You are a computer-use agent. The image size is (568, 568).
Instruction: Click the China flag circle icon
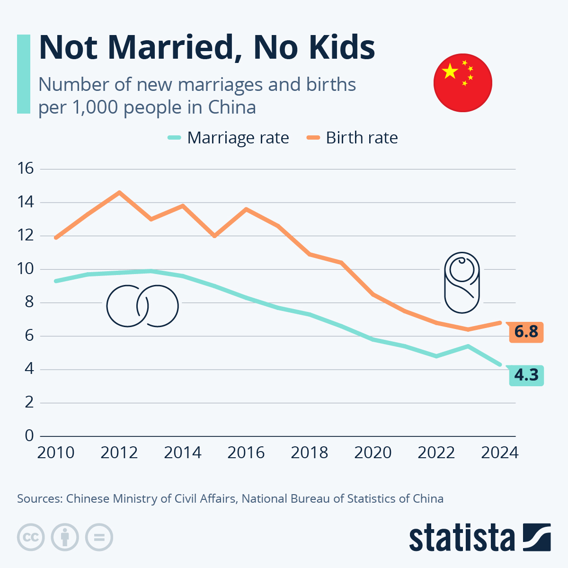click(462, 83)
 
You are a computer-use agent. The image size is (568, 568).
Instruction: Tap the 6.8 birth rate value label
click(526, 332)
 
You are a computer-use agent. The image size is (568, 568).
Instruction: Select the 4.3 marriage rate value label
click(526, 375)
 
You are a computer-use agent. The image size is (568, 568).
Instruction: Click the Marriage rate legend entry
click(228, 138)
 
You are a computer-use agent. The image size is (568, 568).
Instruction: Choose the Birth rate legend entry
click(353, 138)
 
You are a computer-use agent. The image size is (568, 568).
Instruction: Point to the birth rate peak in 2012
click(119, 192)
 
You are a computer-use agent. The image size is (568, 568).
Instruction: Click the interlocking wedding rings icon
click(142, 306)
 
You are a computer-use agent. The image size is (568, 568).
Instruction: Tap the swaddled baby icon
click(462, 283)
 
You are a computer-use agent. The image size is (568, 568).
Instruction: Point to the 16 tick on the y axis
click(26, 169)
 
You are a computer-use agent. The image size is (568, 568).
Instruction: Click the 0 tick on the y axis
click(29, 435)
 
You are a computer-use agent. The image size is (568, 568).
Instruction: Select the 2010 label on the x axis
click(56, 453)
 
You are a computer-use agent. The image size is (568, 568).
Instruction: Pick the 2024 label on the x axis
click(500, 453)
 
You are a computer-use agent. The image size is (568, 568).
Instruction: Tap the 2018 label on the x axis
click(310, 453)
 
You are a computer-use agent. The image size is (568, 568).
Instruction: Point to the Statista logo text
click(462, 537)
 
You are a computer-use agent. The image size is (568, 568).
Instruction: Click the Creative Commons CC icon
click(31, 537)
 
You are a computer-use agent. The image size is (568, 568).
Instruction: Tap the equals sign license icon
click(99, 537)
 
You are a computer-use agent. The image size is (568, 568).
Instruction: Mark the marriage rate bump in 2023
click(468, 346)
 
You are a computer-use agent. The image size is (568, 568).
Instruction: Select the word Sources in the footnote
click(40, 499)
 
